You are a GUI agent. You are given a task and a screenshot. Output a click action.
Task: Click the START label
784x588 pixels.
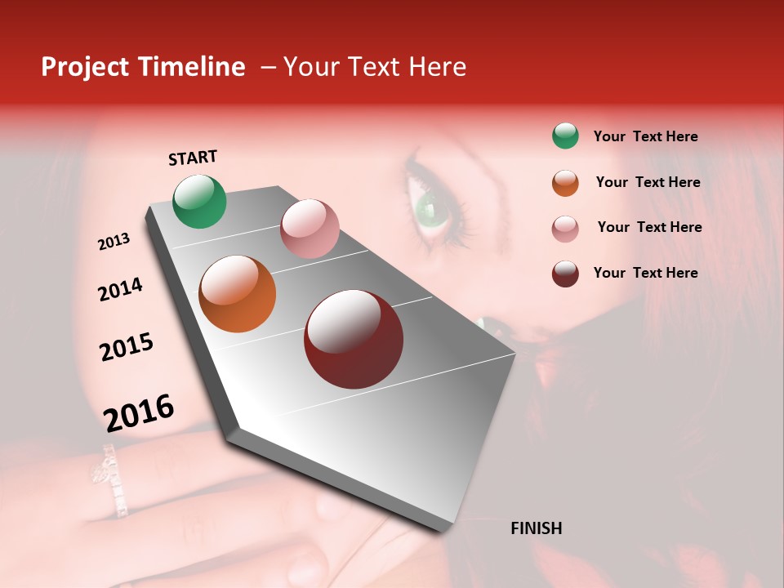[x=193, y=158]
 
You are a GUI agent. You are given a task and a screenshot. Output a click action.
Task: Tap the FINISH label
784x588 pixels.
[x=536, y=528]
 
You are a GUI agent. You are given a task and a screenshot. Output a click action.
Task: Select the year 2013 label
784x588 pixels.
[x=114, y=242]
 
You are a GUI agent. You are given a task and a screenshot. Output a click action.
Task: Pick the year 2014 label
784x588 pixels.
[x=121, y=289]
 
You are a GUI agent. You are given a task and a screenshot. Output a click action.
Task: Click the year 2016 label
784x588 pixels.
[x=139, y=412]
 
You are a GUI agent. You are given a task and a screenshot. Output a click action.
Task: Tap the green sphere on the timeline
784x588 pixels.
[x=200, y=201]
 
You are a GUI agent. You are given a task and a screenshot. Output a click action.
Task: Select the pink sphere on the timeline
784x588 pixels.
[x=310, y=229]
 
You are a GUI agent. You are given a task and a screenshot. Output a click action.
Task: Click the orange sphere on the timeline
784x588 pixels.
[x=238, y=294]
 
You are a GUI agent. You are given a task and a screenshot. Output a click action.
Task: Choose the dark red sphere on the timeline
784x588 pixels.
[x=354, y=339]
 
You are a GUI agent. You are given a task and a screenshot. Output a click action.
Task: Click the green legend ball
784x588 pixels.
[x=565, y=136]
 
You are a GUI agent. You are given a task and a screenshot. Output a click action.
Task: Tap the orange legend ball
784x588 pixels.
[x=565, y=183]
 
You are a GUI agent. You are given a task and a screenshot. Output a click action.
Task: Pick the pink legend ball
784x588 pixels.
[x=565, y=229]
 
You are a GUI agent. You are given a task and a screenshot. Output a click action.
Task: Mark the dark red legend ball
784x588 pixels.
[x=565, y=274]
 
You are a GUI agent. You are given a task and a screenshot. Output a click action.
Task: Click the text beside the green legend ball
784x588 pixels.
[x=645, y=136]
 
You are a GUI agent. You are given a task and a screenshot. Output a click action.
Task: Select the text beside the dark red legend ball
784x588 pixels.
[x=645, y=273]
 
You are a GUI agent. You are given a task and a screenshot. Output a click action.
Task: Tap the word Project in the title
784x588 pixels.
[x=85, y=67]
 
